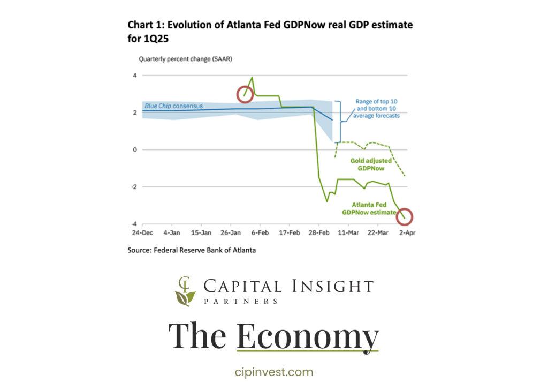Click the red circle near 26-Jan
pyautogui.click(x=245, y=94)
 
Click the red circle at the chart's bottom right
pyautogui.click(x=405, y=216)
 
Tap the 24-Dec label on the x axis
pyautogui.click(x=142, y=233)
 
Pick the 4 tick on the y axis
pyautogui.click(x=134, y=76)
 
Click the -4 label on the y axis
pyautogui.click(x=133, y=224)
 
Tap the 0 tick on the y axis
pyautogui.click(x=134, y=149)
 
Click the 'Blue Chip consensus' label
pyautogui.click(x=173, y=106)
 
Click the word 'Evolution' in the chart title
pyautogui.click(x=189, y=25)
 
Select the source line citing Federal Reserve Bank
pyautogui.click(x=191, y=250)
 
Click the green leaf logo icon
pyautogui.click(x=185, y=292)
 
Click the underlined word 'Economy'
pyautogui.click(x=307, y=336)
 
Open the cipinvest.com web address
pyautogui.click(x=273, y=372)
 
